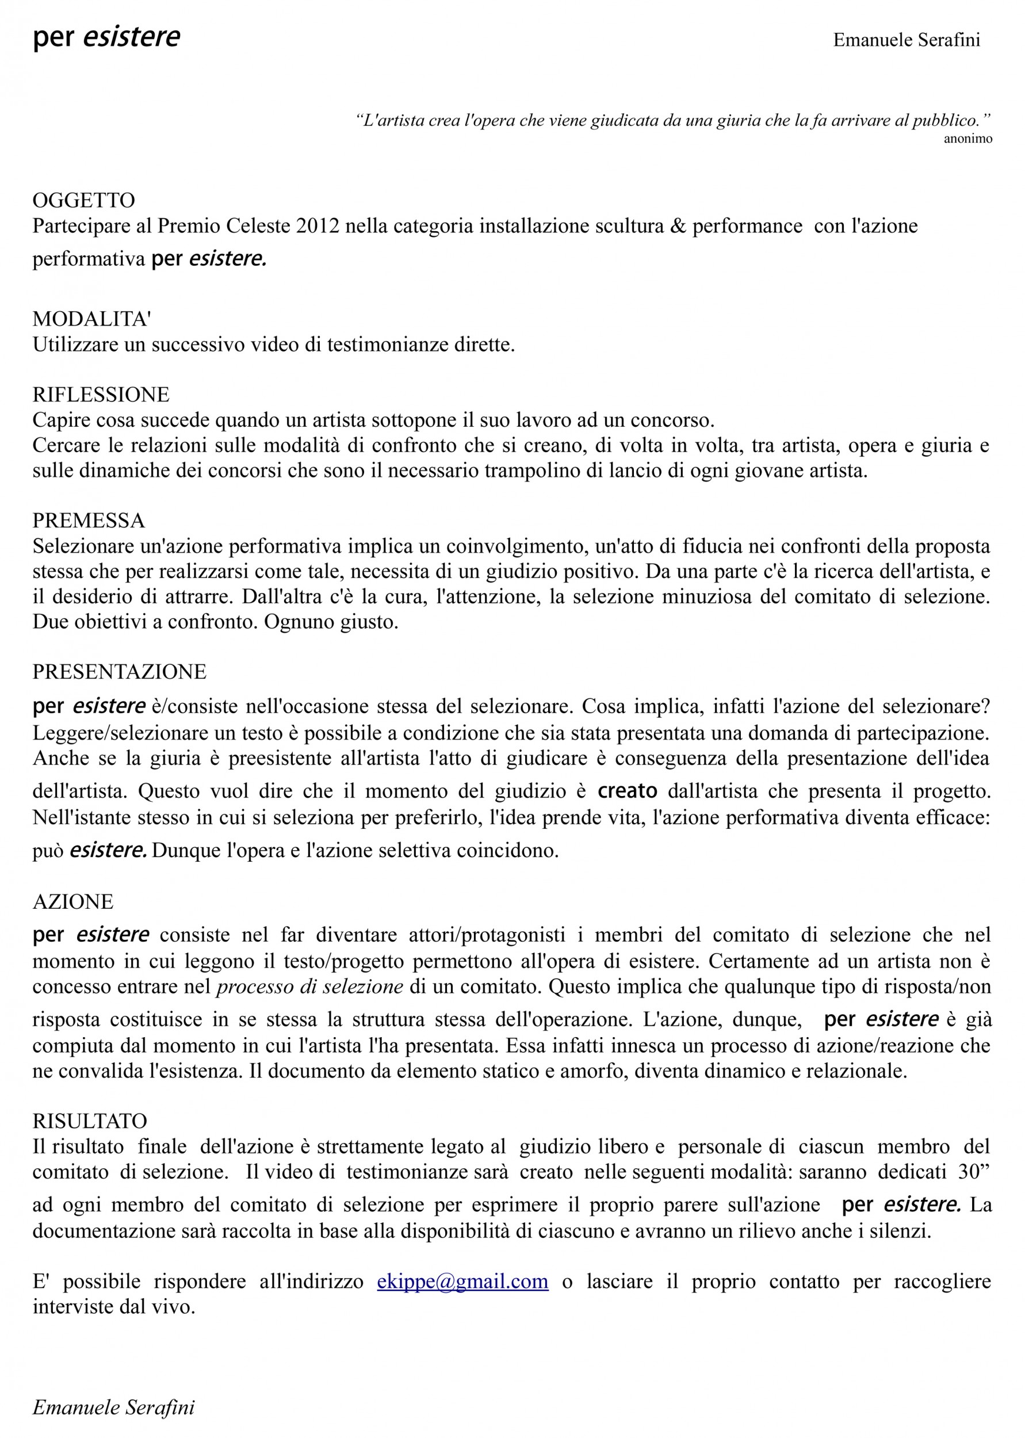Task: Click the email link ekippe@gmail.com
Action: click(x=462, y=1282)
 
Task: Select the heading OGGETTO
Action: click(x=83, y=200)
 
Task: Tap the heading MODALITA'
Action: click(x=91, y=319)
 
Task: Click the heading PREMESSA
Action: click(x=89, y=521)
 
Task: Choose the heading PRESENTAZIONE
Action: click(x=119, y=671)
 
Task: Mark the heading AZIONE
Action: click(x=72, y=902)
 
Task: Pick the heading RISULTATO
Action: click(x=90, y=1120)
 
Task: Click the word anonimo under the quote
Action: click(x=967, y=139)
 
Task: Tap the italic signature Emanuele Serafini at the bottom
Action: click(x=114, y=1407)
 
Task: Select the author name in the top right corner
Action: click(x=907, y=40)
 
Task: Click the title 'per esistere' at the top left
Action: click(x=106, y=37)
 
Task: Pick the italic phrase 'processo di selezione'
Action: click(x=309, y=986)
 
